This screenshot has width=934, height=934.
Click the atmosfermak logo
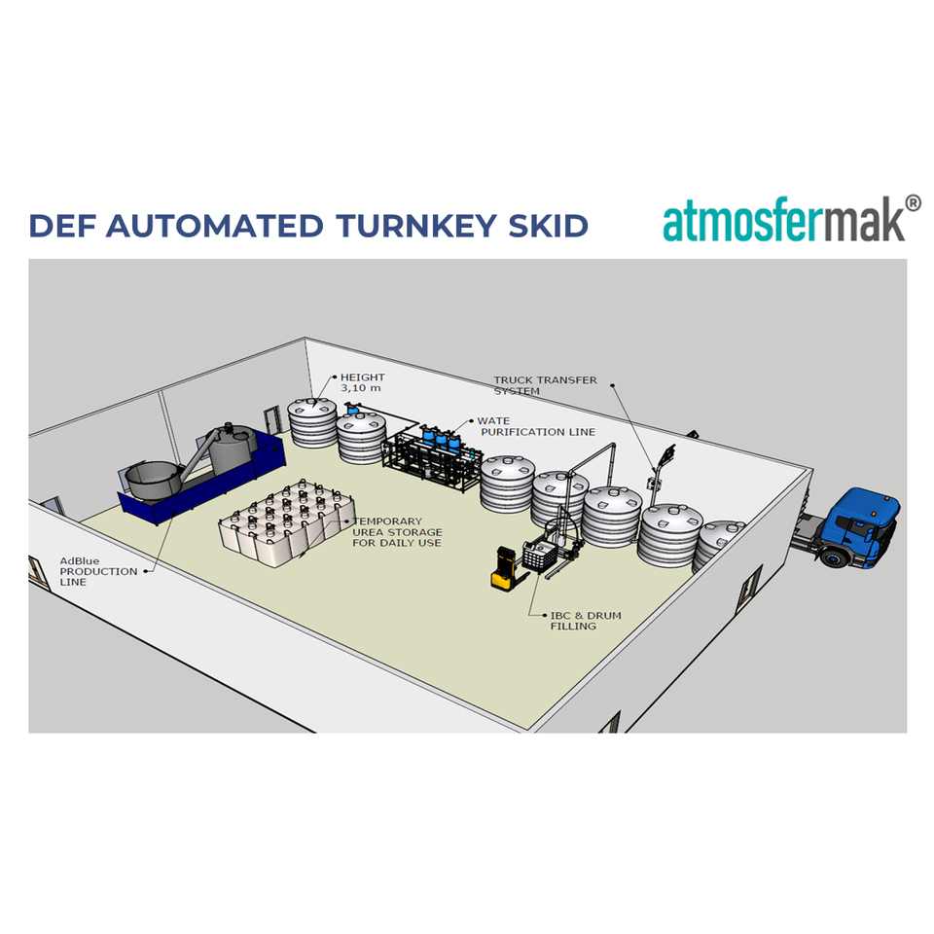click(784, 221)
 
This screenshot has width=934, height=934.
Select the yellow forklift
click(504, 568)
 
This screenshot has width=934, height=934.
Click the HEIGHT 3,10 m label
click(362, 382)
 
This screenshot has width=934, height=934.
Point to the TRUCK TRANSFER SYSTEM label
click(545, 385)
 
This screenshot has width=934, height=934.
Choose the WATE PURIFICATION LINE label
click(535, 426)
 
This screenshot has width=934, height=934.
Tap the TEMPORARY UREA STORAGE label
click(397, 532)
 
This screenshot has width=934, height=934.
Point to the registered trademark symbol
click(913, 202)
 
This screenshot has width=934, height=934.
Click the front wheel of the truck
click(835, 557)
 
